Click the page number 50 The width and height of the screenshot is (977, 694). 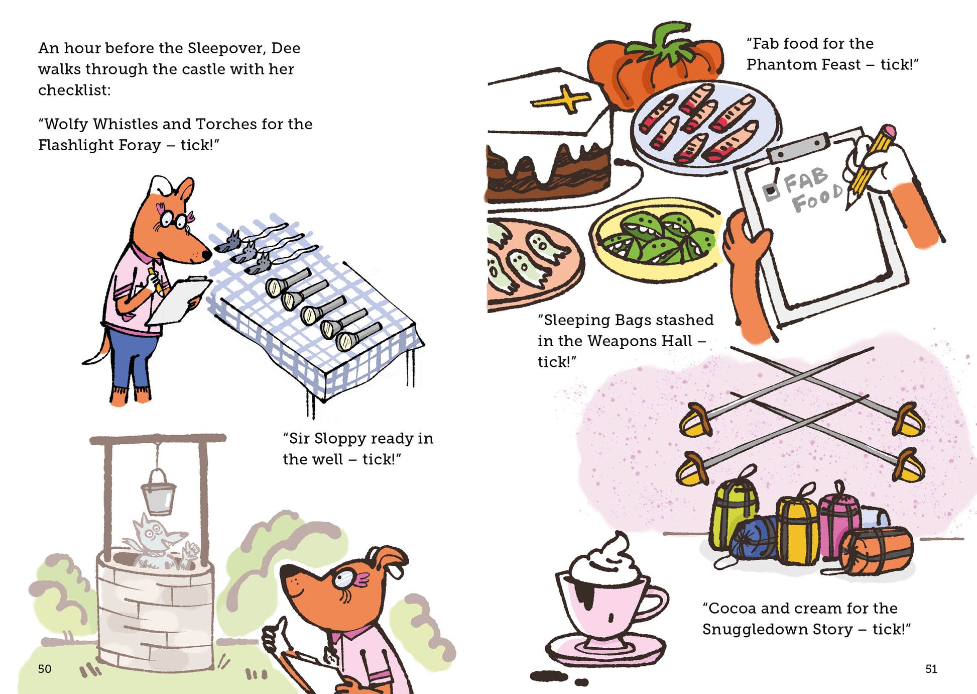pos(45,669)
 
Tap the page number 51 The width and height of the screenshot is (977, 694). pos(931,669)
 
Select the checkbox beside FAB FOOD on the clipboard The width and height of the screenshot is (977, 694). pos(771,191)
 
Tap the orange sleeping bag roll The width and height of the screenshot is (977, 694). pos(876,550)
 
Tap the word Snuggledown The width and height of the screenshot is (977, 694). pos(778,630)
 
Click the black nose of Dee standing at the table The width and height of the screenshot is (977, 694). pos(206,256)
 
